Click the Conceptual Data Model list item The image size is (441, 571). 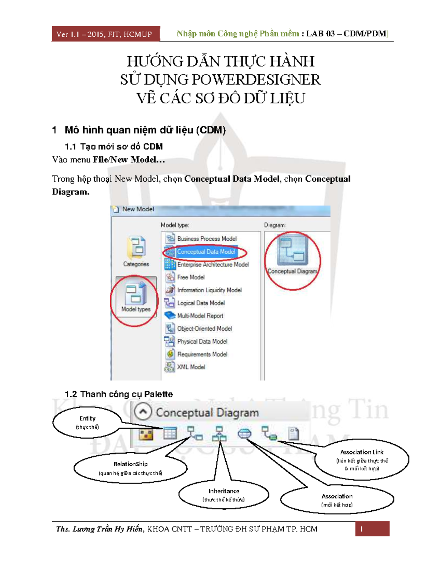point(206,252)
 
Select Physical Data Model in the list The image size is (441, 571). point(202,342)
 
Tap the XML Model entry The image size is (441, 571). point(191,367)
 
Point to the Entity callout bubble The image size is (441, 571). point(87,422)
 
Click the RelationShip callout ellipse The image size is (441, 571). point(130,468)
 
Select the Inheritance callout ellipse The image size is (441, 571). point(224,495)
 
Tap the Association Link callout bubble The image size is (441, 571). point(362,460)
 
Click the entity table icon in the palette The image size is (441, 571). point(170,433)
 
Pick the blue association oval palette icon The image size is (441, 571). point(244,434)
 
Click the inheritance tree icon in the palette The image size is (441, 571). point(219,433)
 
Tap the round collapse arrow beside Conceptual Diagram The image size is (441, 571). point(143,412)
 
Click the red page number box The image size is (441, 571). point(372,529)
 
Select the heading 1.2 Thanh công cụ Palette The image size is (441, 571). point(118,394)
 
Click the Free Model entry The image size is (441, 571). point(191,277)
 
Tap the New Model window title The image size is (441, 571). point(138,209)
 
